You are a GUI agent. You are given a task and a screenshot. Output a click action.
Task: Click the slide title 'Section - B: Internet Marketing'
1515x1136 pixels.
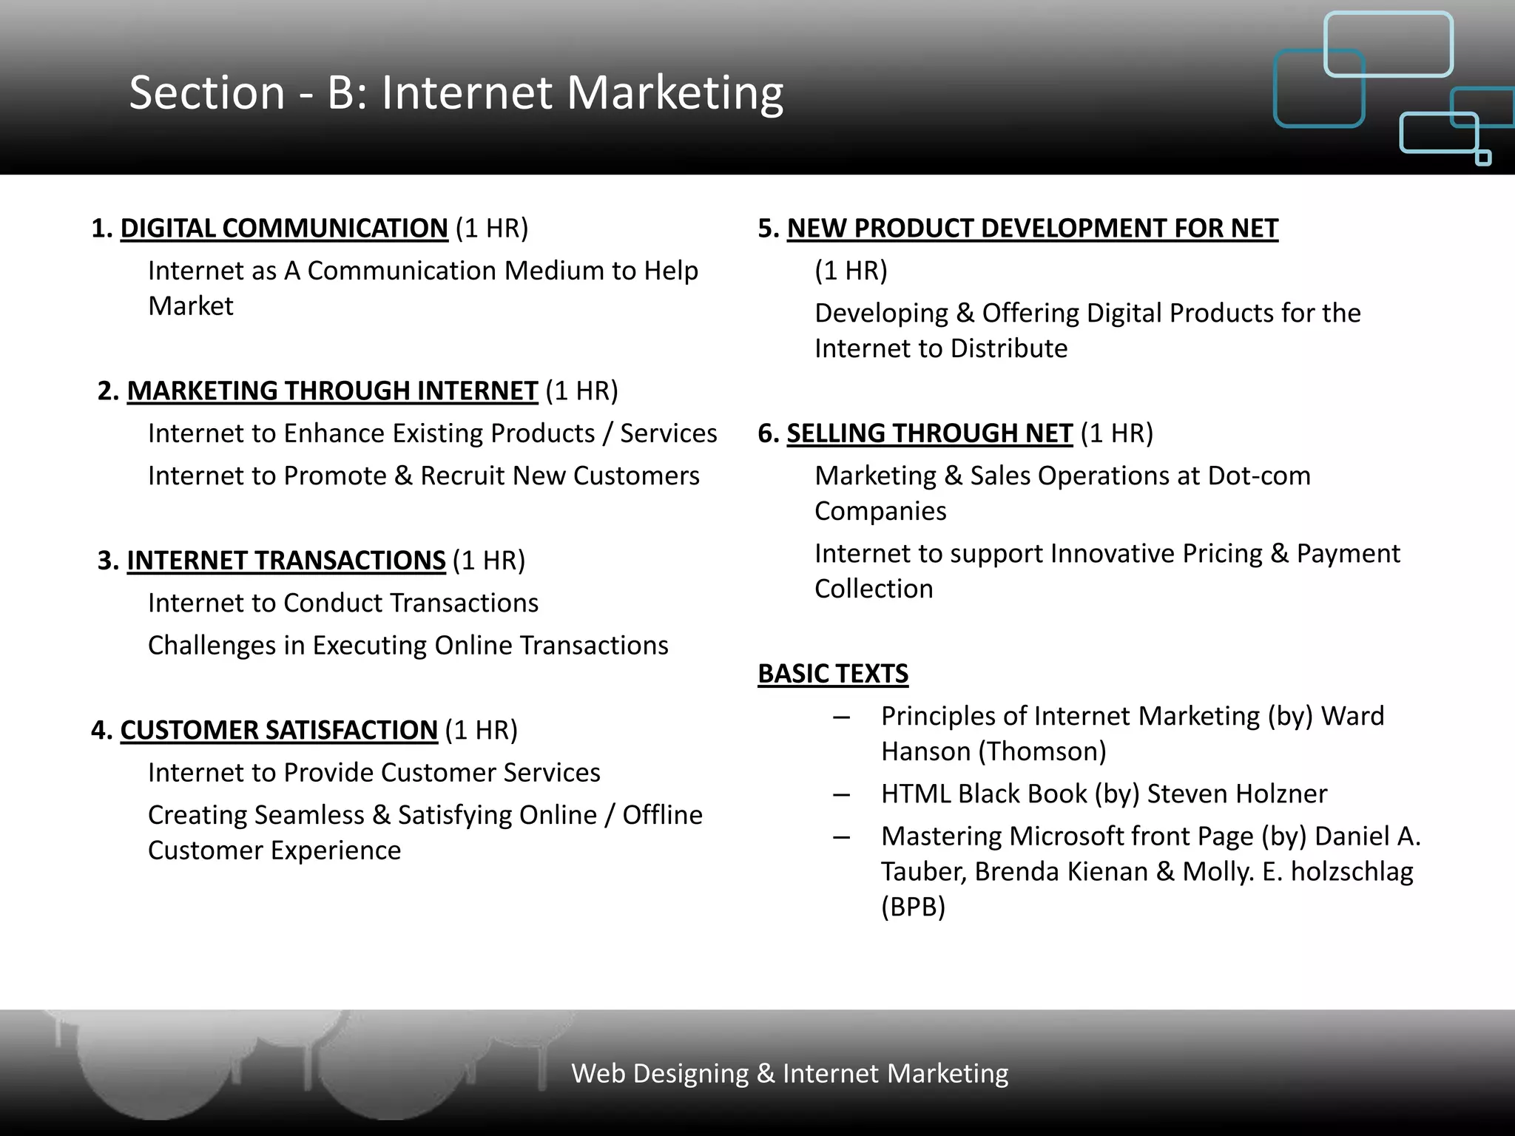click(x=456, y=93)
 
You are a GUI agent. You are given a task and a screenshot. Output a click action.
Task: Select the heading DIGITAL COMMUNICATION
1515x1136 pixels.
click(x=284, y=229)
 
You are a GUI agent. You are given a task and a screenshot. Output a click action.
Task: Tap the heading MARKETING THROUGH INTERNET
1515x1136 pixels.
click(x=332, y=390)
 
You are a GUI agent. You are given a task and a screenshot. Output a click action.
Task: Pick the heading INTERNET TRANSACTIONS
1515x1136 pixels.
click(x=286, y=561)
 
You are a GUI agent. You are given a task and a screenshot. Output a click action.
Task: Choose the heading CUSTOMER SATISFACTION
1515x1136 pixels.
click(x=279, y=730)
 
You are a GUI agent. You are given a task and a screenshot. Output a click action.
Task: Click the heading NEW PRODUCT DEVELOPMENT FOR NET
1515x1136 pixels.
click(x=1032, y=229)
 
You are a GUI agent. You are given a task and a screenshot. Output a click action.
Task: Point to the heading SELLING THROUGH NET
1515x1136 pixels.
click(x=929, y=433)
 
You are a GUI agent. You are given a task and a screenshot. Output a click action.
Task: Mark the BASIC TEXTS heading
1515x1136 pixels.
click(x=833, y=674)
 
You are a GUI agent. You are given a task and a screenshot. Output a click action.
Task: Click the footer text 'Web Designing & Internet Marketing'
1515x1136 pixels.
click(x=789, y=1073)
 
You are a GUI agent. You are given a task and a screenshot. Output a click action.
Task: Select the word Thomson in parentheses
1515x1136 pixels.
click(x=1043, y=752)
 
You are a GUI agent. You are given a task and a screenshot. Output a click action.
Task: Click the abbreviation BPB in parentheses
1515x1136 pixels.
click(x=913, y=907)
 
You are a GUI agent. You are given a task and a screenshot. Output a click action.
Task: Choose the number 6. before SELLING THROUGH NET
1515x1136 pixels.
click(x=768, y=433)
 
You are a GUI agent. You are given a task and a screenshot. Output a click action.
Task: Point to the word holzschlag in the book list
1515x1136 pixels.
click(x=1352, y=872)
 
